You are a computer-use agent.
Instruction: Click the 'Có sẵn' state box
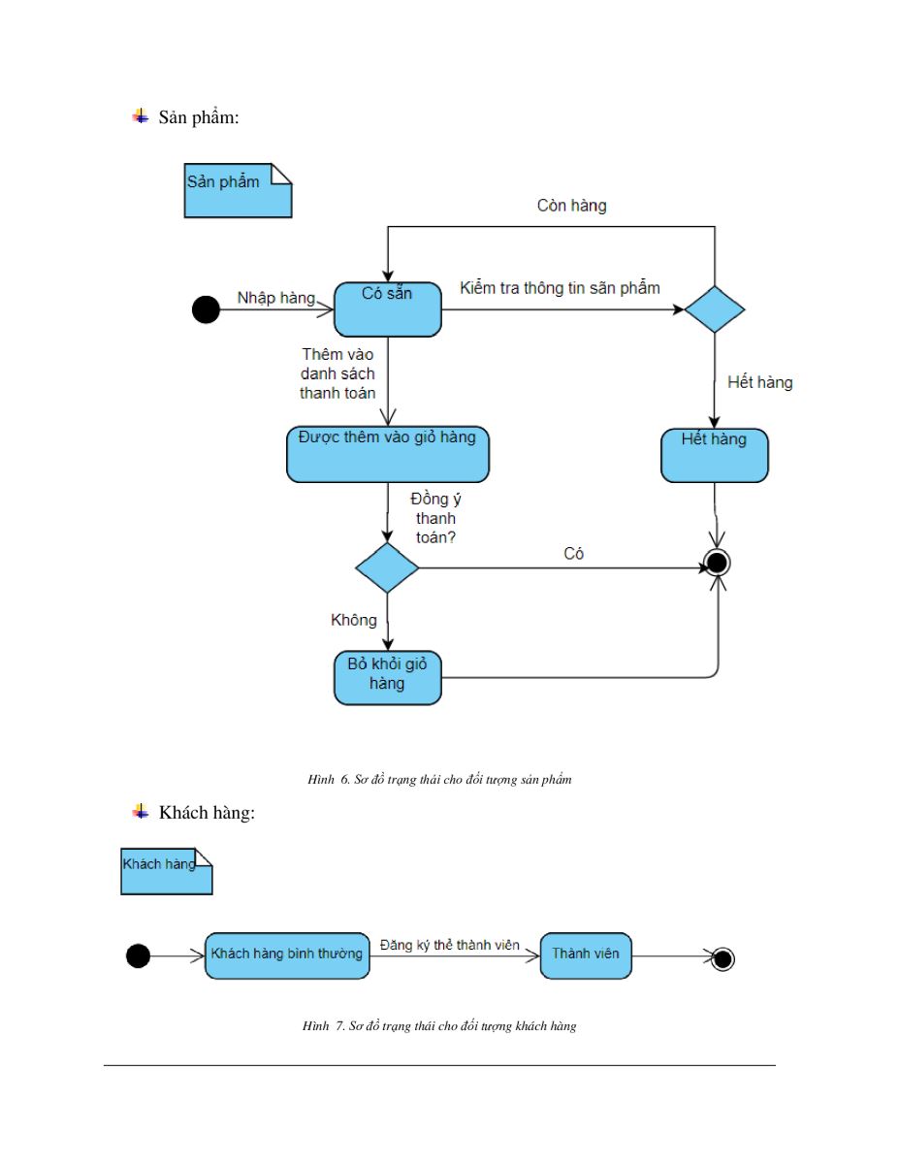tap(388, 309)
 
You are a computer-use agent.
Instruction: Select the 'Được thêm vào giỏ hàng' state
tap(388, 454)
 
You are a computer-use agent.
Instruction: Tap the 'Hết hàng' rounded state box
tap(715, 455)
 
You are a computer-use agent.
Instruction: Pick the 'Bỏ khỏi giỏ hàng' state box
tap(388, 678)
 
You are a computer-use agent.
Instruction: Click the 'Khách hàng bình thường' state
tap(287, 955)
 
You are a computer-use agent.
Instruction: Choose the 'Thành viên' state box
tap(586, 955)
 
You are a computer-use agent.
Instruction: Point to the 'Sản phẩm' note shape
tap(238, 191)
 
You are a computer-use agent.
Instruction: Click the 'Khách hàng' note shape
tap(167, 871)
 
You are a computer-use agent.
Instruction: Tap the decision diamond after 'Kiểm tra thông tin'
tap(715, 309)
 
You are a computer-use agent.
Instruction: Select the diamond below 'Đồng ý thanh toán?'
tap(387, 567)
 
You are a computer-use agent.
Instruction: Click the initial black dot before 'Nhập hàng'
tap(206, 309)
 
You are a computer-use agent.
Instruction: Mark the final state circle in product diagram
tap(717, 563)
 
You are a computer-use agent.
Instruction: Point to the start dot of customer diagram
tap(138, 955)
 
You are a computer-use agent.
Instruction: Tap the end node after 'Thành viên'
tap(722, 958)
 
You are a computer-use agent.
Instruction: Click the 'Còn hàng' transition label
tap(571, 206)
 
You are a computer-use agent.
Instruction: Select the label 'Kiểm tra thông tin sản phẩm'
tap(560, 288)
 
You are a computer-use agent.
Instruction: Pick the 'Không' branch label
tap(353, 620)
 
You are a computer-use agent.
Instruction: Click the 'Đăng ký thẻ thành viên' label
tap(449, 945)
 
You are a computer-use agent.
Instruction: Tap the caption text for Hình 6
tap(439, 779)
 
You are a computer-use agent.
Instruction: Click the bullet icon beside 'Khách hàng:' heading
tap(141, 811)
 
